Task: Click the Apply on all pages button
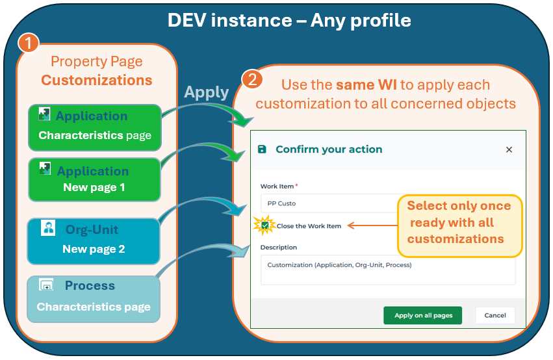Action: tap(422, 315)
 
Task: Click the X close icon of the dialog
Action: tap(509, 149)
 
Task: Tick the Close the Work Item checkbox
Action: tap(265, 225)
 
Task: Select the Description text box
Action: tap(387, 269)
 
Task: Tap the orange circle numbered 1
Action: tap(27, 44)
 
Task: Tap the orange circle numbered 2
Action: tap(252, 79)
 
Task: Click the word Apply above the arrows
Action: tap(206, 92)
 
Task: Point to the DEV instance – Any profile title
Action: tap(289, 20)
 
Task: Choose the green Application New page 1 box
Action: tap(94, 179)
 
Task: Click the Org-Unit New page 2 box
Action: tap(94, 240)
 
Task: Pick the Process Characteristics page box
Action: tap(93, 298)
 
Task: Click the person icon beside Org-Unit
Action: tap(48, 228)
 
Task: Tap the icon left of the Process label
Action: tap(46, 285)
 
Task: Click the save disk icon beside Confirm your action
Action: tap(262, 149)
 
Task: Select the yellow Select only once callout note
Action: tap(459, 222)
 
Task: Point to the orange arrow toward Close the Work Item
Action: tap(370, 225)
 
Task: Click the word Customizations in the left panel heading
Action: tap(96, 80)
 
